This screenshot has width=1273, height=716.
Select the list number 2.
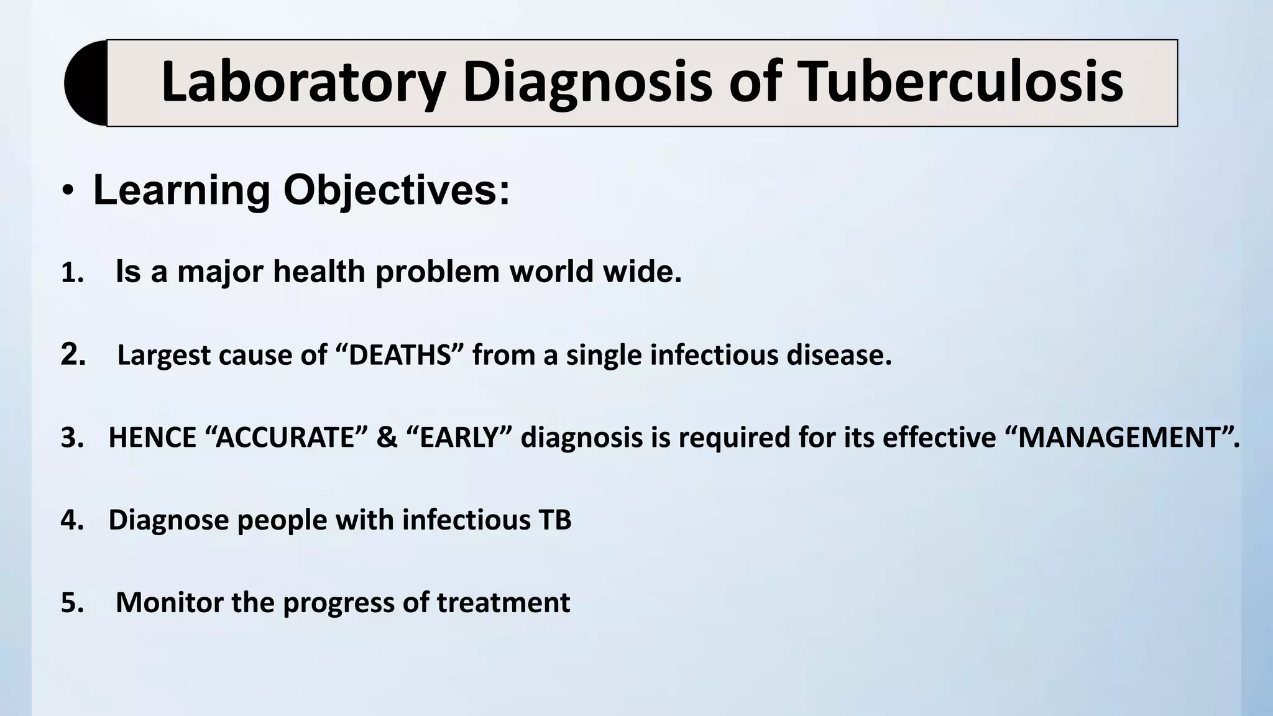73,355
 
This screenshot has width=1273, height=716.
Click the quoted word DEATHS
400,356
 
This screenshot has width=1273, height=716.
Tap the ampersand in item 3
387,438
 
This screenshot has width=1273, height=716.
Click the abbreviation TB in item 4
556,520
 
